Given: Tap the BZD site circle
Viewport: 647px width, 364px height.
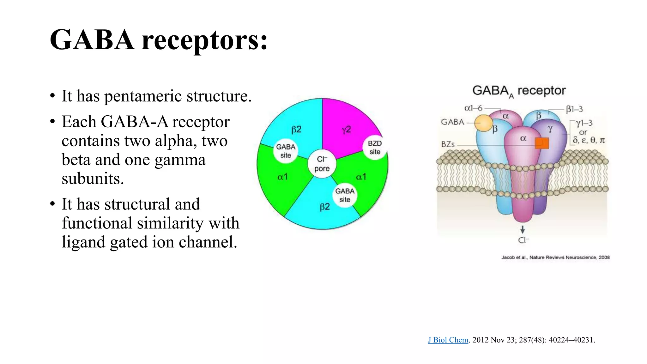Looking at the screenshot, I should pos(375,148).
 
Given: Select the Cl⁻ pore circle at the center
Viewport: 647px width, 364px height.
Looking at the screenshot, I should pos(322,164).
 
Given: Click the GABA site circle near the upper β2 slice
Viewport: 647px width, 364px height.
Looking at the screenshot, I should pos(286,151).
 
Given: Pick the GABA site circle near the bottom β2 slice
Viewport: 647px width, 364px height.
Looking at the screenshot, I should pos(345,195).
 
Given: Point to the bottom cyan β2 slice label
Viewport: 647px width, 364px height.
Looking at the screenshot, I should pos(324,207).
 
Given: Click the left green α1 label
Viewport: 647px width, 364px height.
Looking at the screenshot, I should pos(282,177).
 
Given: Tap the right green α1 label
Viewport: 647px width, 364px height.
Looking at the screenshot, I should pos(361,177).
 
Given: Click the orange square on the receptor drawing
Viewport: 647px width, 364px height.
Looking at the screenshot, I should pos(542,143).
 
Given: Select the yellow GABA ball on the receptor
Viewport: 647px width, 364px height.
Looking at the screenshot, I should pos(484,123).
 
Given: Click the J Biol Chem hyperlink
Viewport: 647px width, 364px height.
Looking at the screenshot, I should pos(448,340).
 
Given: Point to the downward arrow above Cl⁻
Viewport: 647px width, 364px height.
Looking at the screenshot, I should pos(523,229).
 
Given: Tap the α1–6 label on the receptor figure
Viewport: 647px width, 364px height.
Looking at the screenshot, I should pos(473,108).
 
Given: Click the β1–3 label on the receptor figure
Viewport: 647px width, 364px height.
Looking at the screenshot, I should pos(574,109).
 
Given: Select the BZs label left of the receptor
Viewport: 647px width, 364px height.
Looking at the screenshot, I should pos(448,144).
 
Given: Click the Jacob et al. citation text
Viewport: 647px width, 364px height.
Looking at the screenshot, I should pos(555,258).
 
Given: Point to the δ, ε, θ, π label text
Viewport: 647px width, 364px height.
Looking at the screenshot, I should pos(589,140).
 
